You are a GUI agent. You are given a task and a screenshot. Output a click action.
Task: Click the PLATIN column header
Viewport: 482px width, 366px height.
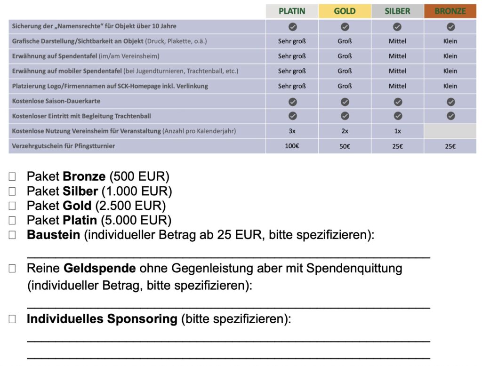click(x=292, y=11)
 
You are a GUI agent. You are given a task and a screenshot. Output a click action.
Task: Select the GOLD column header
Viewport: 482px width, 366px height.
click(x=345, y=11)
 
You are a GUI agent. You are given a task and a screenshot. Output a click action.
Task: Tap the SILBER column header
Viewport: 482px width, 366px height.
click(x=397, y=11)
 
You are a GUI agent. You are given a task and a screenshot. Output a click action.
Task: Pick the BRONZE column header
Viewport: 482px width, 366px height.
click(x=450, y=11)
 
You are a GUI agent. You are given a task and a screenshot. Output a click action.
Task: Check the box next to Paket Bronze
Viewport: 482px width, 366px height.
click(x=12, y=177)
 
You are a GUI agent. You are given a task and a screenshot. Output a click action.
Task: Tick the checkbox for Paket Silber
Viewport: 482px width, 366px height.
click(x=12, y=191)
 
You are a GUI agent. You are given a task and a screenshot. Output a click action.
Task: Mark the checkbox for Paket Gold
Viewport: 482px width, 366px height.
click(x=12, y=206)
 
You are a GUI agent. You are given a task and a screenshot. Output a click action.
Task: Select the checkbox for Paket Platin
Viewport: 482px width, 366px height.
click(x=12, y=220)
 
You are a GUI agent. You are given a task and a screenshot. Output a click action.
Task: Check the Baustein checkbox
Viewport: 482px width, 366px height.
click(x=12, y=235)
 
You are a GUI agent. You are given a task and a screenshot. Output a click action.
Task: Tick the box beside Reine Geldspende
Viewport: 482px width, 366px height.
click(x=12, y=269)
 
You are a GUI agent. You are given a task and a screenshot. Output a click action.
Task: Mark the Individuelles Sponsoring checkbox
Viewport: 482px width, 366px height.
click(x=12, y=319)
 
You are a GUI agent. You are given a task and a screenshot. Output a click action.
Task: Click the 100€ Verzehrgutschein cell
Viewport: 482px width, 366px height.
click(x=292, y=146)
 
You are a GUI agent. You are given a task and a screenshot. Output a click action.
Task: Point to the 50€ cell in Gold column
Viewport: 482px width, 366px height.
click(x=345, y=146)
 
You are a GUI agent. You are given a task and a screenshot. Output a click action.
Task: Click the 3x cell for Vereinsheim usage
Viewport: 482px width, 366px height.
click(x=292, y=131)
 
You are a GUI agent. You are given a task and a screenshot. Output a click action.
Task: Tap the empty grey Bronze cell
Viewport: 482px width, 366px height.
click(x=450, y=131)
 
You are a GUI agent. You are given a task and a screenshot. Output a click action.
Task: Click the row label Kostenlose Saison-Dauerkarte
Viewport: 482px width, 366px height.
click(x=56, y=101)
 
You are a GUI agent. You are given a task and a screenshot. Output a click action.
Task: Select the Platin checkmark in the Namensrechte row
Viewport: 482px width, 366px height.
click(x=292, y=26)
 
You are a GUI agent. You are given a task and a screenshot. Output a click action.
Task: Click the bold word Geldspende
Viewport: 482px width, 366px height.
click(x=99, y=269)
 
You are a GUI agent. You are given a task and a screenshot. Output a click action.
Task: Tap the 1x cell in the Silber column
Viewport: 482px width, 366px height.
click(x=397, y=131)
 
